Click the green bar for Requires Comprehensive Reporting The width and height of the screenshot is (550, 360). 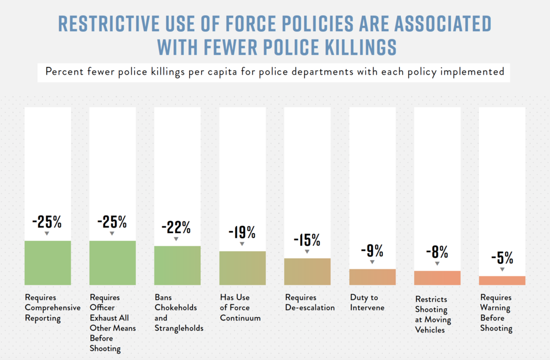[x=48, y=263]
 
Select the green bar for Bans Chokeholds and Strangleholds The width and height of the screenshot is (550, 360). [x=177, y=265]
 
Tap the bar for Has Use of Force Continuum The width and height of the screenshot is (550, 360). [x=242, y=268]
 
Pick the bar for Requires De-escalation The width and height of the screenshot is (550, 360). [x=307, y=272]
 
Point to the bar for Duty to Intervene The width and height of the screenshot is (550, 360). [x=372, y=277]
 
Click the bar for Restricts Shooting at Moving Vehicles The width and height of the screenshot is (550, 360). [x=437, y=278]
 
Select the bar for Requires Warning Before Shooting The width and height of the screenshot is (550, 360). [x=502, y=280]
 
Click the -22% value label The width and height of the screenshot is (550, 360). [x=176, y=226]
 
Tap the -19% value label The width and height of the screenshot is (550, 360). [x=242, y=232]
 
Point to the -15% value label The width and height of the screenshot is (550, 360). [x=307, y=240]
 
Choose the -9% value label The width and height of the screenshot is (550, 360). [x=372, y=251]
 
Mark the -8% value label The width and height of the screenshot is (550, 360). [x=437, y=252]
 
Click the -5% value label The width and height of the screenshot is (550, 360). [x=502, y=257]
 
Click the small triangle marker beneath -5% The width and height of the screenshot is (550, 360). [x=502, y=269]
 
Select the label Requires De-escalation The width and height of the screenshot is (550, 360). [x=309, y=302]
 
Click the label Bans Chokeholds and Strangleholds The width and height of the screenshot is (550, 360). [x=179, y=313]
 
